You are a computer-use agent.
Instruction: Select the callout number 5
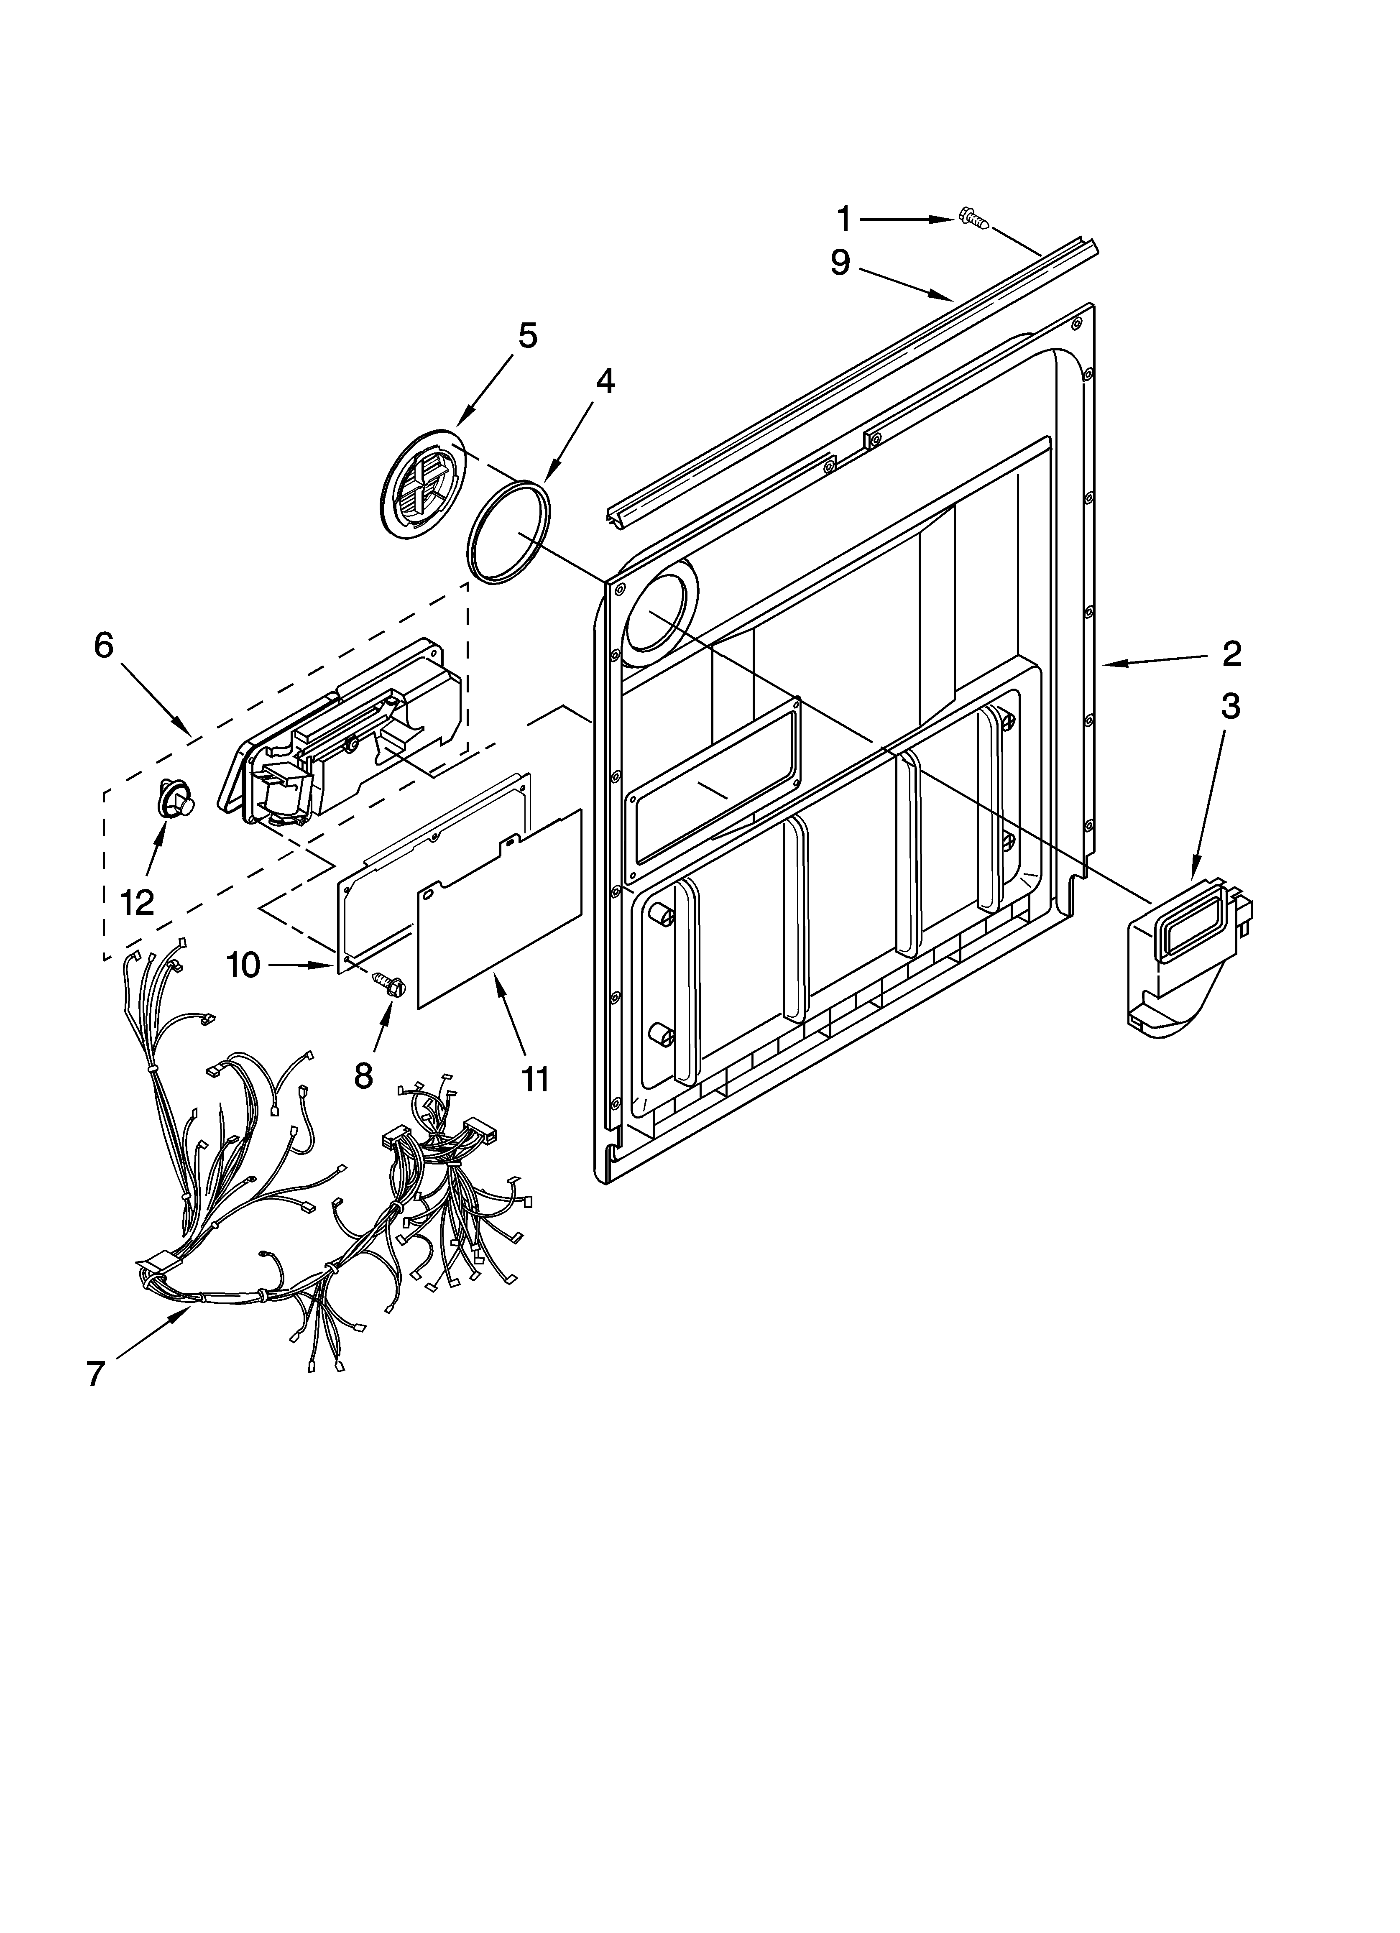click(528, 336)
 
